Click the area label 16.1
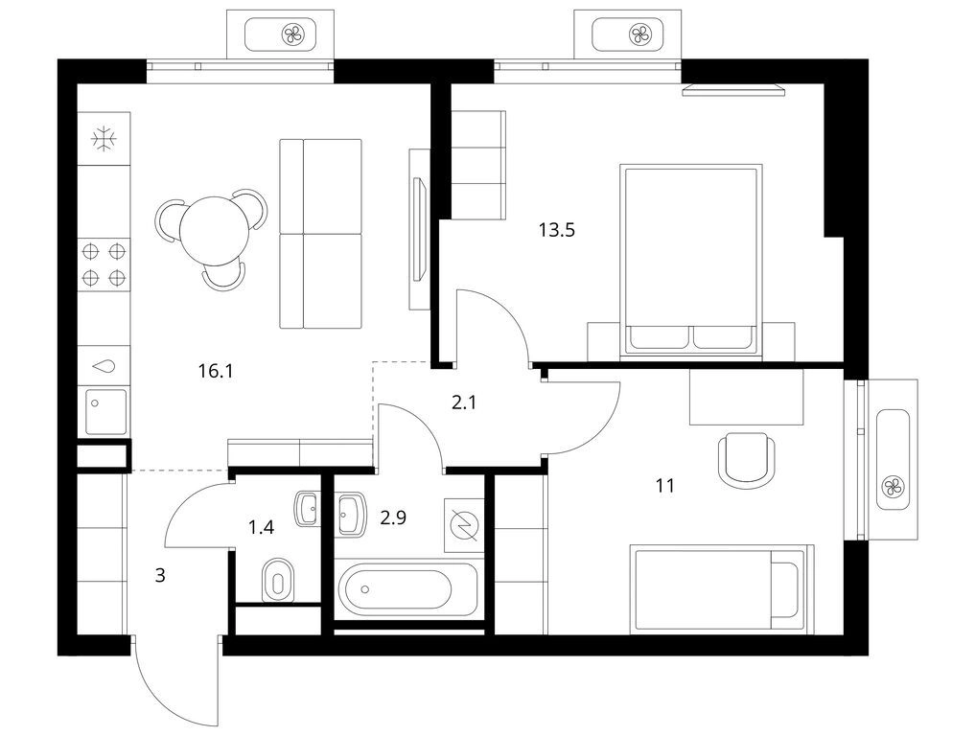215,371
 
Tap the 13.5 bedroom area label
556,231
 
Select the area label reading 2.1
464,402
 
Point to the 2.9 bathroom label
393,517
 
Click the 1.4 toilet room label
261,528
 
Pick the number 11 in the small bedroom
664,486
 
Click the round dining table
214,230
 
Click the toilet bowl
277,580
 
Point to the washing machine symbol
464,524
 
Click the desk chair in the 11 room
746,460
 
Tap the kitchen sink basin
105,411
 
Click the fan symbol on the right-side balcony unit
893,486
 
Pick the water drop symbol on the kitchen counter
104,366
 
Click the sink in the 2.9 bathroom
351,514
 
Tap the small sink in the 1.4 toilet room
307,509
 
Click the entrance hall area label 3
160,576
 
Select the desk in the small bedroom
746,397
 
